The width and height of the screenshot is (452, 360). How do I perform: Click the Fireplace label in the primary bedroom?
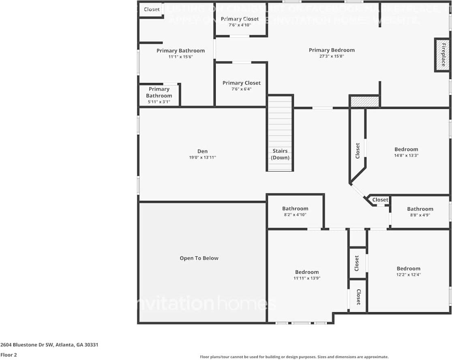(x=443, y=55)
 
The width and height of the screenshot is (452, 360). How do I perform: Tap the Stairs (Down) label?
(x=280, y=154)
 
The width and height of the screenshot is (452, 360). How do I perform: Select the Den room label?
(x=203, y=151)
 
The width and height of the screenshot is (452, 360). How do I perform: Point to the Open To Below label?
(x=199, y=258)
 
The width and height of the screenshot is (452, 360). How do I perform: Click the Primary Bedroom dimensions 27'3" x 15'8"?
(x=332, y=57)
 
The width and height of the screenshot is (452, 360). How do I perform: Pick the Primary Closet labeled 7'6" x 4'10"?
(x=240, y=21)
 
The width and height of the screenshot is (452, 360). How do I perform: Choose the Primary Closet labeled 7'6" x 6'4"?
(x=242, y=86)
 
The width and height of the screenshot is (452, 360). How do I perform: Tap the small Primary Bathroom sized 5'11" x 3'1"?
(x=159, y=96)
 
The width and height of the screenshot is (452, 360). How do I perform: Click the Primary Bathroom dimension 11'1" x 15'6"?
(x=180, y=57)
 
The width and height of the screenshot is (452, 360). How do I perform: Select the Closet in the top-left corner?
(x=152, y=9)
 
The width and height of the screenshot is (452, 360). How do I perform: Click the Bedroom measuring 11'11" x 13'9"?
(x=307, y=275)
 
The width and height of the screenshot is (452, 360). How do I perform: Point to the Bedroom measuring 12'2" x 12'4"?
(x=408, y=271)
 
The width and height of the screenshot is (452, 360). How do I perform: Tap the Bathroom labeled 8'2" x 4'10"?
(x=295, y=211)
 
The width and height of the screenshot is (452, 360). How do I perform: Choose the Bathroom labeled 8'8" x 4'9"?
(x=420, y=212)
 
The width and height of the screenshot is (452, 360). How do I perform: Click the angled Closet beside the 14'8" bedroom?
(x=358, y=151)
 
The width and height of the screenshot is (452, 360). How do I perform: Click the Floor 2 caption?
(x=8, y=355)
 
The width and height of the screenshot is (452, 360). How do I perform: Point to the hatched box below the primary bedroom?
(x=364, y=101)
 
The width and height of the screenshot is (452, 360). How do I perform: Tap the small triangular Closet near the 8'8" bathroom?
(x=380, y=200)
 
